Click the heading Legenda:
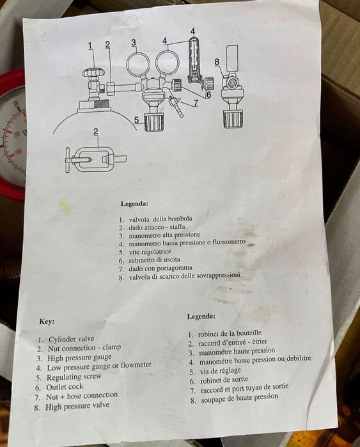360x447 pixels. (x=134, y=204)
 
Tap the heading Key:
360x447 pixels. (x=47, y=322)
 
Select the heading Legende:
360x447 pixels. (x=201, y=316)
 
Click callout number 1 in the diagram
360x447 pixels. (x=90, y=45)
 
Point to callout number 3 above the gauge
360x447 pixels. (x=134, y=43)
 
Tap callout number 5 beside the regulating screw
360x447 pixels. (x=137, y=120)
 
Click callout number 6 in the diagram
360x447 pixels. (x=208, y=95)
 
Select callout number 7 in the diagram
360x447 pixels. (x=196, y=102)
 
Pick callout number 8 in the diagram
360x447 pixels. (x=217, y=62)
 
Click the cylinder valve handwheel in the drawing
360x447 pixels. (x=92, y=73)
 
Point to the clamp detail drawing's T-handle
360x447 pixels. (x=68, y=161)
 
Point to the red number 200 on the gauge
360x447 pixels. (x=17, y=134)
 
